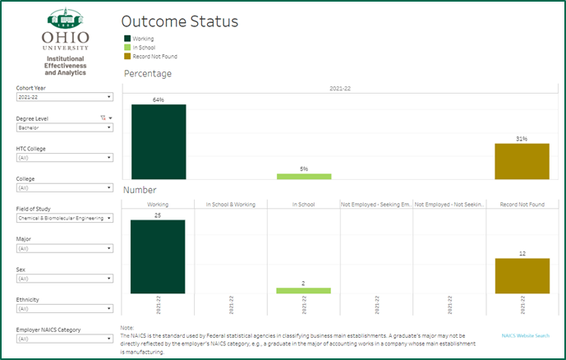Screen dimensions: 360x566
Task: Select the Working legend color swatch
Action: (x=127, y=39)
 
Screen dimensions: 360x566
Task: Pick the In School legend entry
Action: (x=143, y=48)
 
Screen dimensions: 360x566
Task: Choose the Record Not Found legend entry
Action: (x=153, y=57)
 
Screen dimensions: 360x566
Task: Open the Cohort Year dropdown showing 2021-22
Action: (x=64, y=97)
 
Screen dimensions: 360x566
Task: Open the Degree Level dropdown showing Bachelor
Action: (x=64, y=127)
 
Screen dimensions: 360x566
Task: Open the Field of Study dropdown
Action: (x=64, y=219)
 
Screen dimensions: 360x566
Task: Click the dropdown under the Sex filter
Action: (x=64, y=279)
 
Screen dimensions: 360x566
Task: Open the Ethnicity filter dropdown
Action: (x=64, y=309)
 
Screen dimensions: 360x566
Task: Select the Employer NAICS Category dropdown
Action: (x=64, y=339)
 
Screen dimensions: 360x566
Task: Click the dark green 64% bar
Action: (x=159, y=141)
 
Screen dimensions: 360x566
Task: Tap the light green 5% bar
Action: (x=303, y=176)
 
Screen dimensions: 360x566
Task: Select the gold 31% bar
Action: (x=522, y=161)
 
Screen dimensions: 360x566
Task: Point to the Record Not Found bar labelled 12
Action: (x=522, y=275)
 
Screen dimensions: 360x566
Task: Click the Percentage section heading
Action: (x=148, y=74)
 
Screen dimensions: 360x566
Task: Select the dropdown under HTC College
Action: (x=64, y=158)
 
